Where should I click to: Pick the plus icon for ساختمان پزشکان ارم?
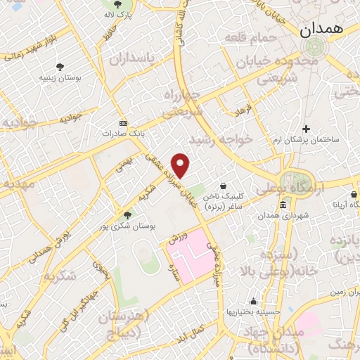pyautogui.click(x=305, y=129)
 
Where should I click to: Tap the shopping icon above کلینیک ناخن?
pyautogui.click(x=223, y=186)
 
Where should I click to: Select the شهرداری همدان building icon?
pyautogui.click(x=283, y=205)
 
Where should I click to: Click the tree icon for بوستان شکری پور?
pyautogui.click(x=127, y=215)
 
